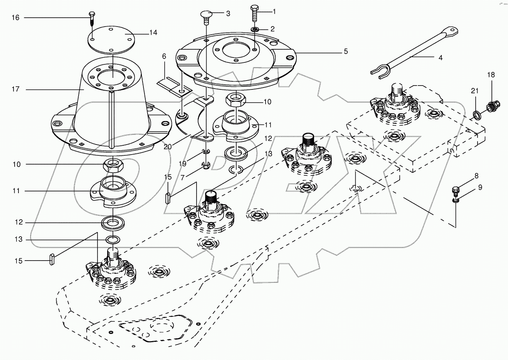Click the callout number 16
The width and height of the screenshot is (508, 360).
tap(15, 18)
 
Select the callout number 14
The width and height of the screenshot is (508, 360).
tap(153, 33)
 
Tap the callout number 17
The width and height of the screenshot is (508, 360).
tap(15, 89)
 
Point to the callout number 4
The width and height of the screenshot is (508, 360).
tap(440, 58)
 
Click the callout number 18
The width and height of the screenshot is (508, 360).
tap(491, 75)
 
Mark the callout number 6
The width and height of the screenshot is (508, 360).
tap(164, 56)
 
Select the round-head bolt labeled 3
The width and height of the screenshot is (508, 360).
tap(207, 17)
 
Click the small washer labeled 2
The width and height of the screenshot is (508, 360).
tap(255, 29)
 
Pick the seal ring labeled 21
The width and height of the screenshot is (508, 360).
tap(477, 114)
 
